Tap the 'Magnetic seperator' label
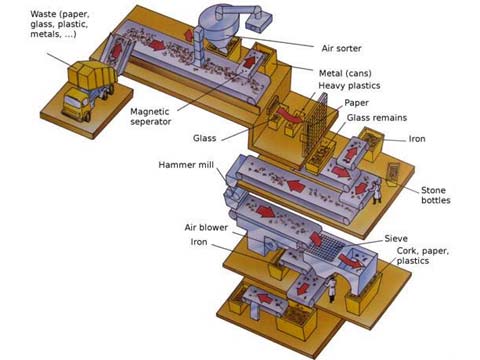tap(157, 117)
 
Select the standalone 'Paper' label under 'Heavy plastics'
tap(357, 103)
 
